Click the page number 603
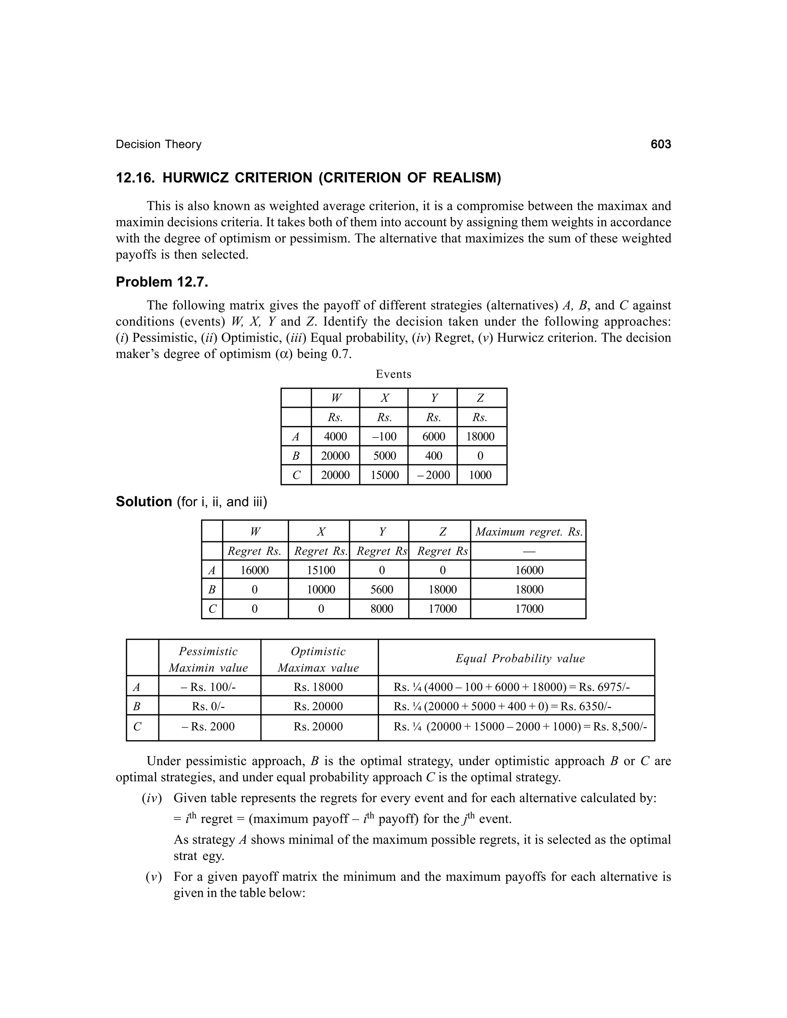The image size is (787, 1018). tap(660, 144)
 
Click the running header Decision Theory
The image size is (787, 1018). tap(159, 144)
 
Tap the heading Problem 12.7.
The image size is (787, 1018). tap(162, 282)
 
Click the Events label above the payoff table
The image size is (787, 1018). tap(393, 374)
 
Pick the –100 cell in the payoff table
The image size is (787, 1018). tap(384, 436)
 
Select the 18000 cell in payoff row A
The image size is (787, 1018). tap(480, 436)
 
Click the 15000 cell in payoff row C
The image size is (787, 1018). tap(384, 475)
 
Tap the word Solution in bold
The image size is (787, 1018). tap(144, 502)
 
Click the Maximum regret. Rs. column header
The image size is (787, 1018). tap(529, 532)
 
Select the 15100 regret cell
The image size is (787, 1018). tap(321, 570)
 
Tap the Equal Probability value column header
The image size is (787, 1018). tap(520, 658)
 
